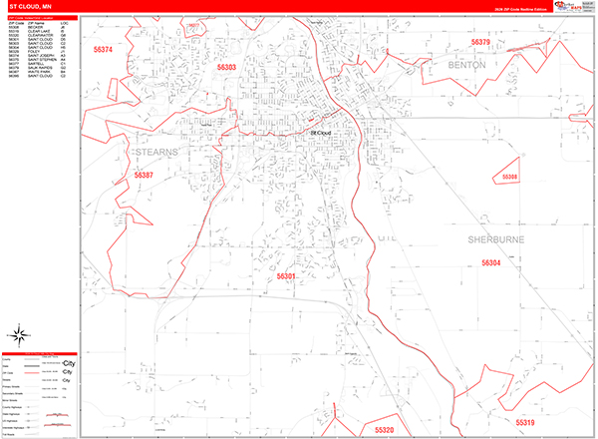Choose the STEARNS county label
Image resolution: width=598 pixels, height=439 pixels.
click(x=154, y=152)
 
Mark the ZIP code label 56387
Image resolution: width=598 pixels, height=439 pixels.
click(x=145, y=176)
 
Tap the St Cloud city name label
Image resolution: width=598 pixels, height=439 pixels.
click(x=320, y=132)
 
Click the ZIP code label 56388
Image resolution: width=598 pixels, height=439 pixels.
click(x=508, y=177)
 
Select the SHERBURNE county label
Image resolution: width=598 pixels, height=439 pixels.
click(x=496, y=240)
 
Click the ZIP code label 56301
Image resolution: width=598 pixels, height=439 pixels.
click(x=286, y=275)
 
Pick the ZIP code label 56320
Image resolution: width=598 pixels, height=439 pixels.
click(x=385, y=429)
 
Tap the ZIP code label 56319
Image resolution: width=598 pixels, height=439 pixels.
click(x=525, y=422)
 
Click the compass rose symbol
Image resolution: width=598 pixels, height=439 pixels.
click(x=18, y=334)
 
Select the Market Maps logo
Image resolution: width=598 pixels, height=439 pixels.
click(x=571, y=8)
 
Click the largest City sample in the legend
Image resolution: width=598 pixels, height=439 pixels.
click(x=68, y=363)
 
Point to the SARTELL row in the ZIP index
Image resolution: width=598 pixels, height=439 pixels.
click(x=38, y=63)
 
